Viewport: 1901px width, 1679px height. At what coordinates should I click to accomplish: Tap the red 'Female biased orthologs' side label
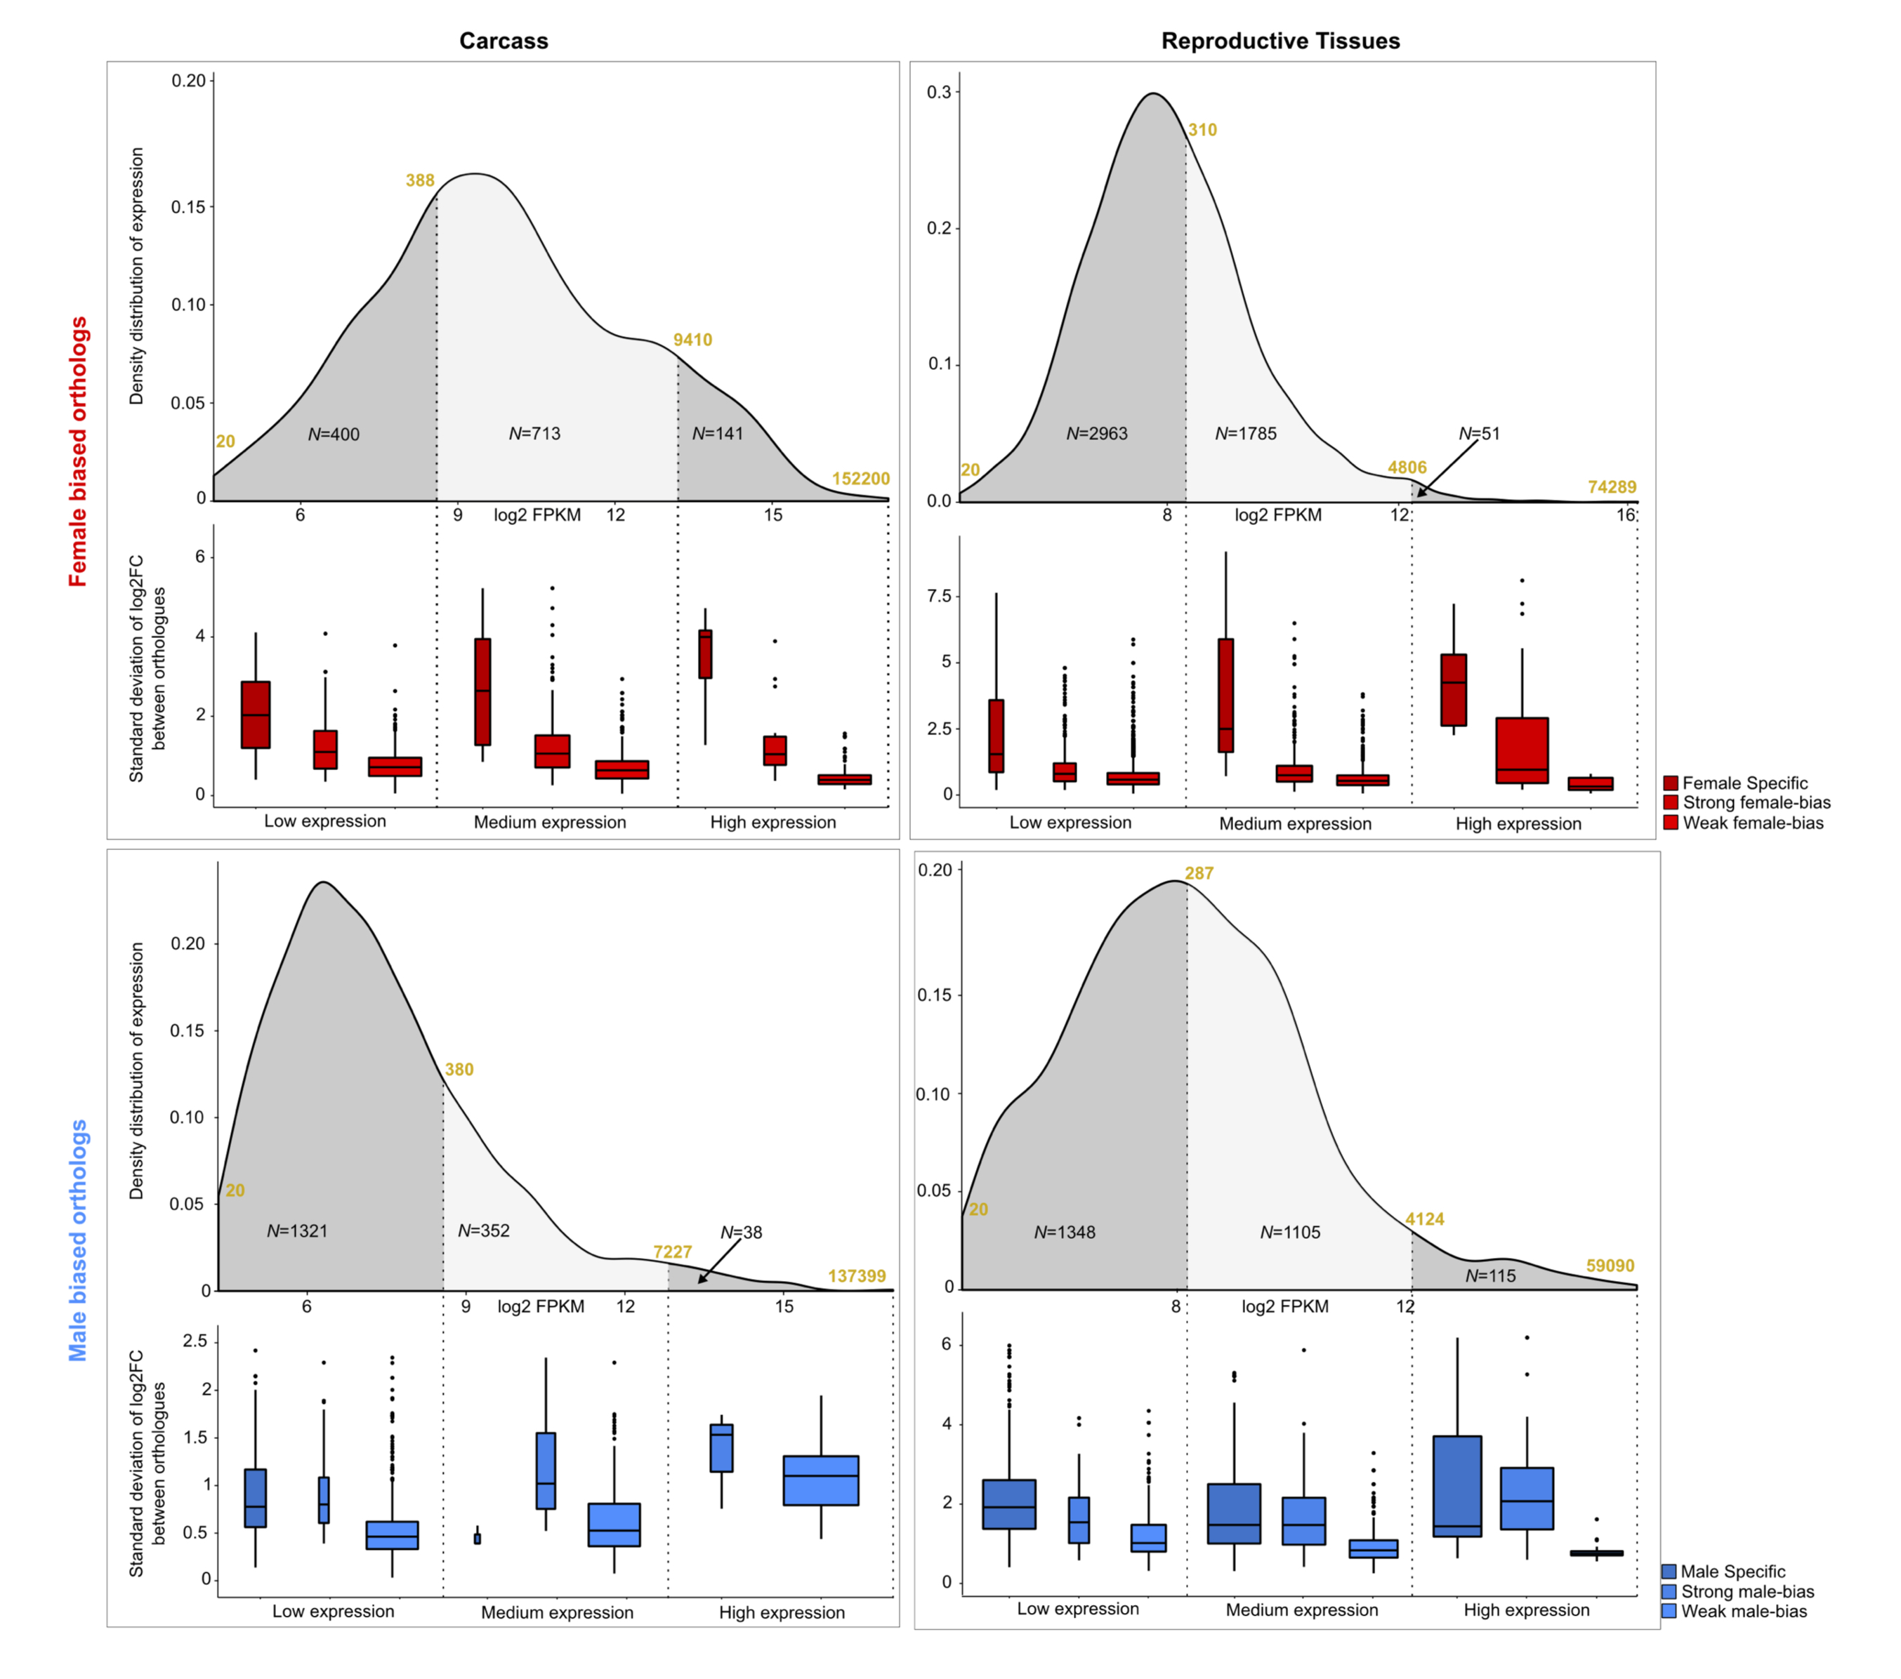[x=78, y=452]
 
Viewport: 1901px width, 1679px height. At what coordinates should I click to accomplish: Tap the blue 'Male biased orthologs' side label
[x=78, y=1240]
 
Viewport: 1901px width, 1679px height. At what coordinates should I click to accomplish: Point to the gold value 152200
[x=860, y=479]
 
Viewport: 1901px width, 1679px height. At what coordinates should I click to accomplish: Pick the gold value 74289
[x=1612, y=487]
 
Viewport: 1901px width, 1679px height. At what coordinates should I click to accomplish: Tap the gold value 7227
[x=673, y=1252]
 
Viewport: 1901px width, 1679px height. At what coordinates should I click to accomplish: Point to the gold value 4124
[x=1425, y=1219]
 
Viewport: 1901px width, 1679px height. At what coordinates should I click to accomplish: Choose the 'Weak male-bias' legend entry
[x=1743, y=1611]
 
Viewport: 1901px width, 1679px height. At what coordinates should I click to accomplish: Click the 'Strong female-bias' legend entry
[x=1755, y=803]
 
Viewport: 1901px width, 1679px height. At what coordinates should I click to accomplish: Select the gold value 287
[x=1199, y=873]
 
